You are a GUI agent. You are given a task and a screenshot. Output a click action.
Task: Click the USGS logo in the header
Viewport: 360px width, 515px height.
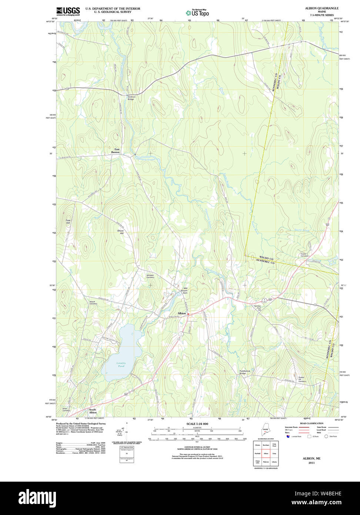tap(68, 11)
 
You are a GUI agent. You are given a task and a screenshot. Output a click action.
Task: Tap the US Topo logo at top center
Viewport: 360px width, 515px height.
tap(198, 13)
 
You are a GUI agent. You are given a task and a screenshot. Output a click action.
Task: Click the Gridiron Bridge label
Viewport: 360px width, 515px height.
tap(131, 98)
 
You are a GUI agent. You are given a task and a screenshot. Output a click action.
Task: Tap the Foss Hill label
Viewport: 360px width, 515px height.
tap(68, 222)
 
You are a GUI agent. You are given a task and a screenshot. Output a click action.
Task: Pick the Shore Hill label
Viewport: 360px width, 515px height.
tap(120, 232)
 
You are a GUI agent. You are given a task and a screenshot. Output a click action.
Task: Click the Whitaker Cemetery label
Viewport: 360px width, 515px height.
tap(150, 276)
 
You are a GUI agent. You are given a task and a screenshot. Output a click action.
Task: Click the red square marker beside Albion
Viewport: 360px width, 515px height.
tap(188, 314)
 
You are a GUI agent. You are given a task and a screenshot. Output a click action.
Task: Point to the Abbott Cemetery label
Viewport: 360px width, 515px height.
tap(93, 303)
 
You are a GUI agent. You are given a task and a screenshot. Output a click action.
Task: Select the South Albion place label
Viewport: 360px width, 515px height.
tap(93, 411)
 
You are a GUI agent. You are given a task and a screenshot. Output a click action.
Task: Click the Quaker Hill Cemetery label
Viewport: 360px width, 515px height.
tap(302, 379)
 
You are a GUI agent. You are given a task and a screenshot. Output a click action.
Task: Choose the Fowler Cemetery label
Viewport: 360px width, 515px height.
tap(304, 255)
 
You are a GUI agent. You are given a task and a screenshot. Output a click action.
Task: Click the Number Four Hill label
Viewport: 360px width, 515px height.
tap(257, 308)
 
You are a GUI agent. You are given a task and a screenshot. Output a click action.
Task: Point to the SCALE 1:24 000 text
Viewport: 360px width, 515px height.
tap(197, 424)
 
